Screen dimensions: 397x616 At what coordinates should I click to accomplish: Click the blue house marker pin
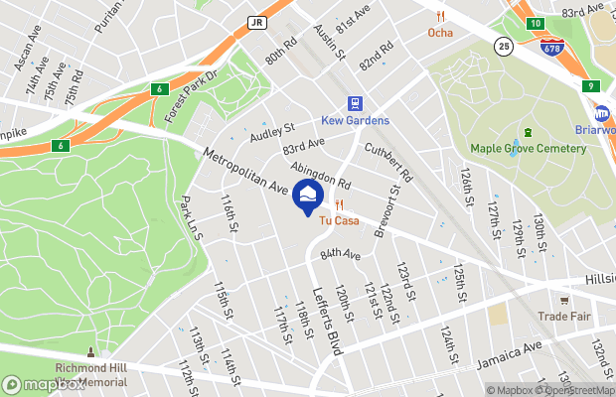click(x=307, y=195)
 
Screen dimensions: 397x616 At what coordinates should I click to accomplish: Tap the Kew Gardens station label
click(x=355, y=121)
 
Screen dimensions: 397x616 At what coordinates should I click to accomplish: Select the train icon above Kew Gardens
click(x=355, y=103)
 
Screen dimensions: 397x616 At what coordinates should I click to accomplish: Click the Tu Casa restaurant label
click(x=339, y=220)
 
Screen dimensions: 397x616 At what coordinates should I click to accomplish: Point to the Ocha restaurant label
click(x=440, y=33)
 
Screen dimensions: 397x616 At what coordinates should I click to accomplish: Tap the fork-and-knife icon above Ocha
click(x=440, y=16)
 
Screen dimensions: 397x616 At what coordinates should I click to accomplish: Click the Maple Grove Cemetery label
click(x=528, y=149)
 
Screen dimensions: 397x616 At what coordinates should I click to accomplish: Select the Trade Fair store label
click(x=564, y=317)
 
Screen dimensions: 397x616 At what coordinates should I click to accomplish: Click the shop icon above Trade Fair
click(x=564, y=300)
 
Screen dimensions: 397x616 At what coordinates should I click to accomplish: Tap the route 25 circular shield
click(x=505, y=47)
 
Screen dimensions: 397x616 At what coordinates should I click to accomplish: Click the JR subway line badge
click(x=256, y=21)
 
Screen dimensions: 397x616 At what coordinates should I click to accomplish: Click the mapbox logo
click(x=45, y=384)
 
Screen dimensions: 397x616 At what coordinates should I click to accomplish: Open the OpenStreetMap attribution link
click(x=572, y=390)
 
